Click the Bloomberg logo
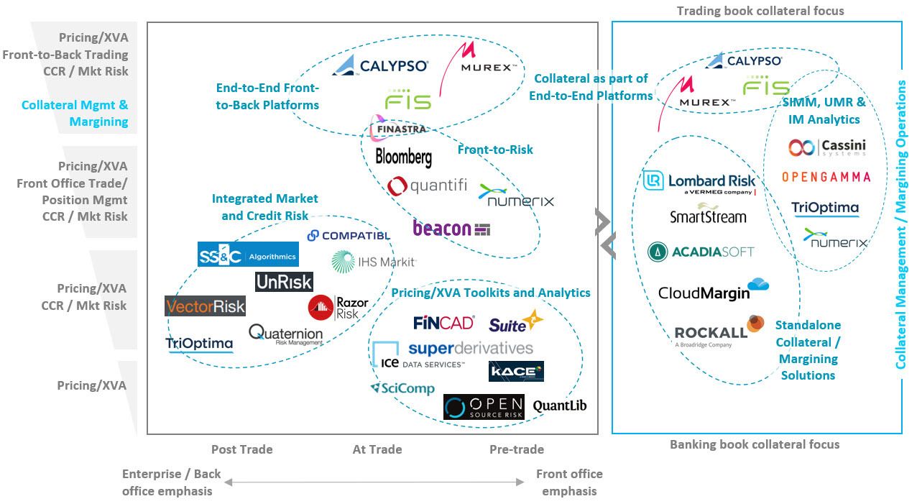[403, 157]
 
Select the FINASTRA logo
[397, 129]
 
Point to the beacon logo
[451, 229]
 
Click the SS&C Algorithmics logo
[248, 255]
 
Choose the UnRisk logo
[284, 283]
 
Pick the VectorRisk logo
[205, 306]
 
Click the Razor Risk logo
[338, 308]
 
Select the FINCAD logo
[443, 323]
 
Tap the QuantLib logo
[559, 406]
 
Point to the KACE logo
[516, 371]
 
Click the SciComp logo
[402, 388]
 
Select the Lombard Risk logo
[700, 182]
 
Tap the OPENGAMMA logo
[826, 177]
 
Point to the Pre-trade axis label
[516, 449]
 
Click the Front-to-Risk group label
[495, 150]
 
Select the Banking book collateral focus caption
[754, 444]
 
